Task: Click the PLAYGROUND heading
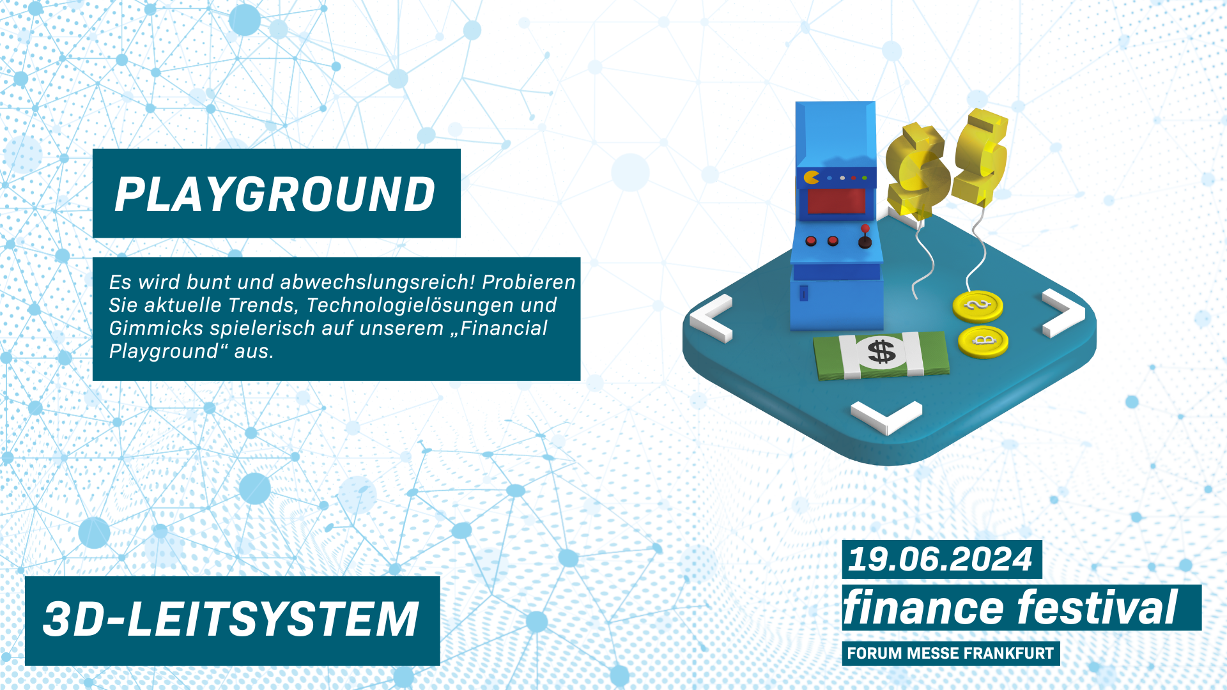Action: (x=275, y=194)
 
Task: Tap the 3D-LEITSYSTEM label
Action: (x=231, y=619)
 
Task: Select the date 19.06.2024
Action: (x=939, y=559)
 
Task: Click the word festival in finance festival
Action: (x=1097, y=607)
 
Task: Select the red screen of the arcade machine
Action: (x=836, y=201)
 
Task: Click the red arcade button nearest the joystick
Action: (x=833, y=241)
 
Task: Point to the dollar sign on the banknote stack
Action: (x=882, y=351)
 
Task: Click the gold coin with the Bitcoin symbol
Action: (x=984, y=341)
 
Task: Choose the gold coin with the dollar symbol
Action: (x=978, y=306)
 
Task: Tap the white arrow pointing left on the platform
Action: (x=711, y=318)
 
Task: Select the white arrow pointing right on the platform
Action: (x=1063, y=313)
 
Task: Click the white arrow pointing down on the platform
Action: (x=886, y=418)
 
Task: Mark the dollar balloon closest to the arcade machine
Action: (x=917, y=169)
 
